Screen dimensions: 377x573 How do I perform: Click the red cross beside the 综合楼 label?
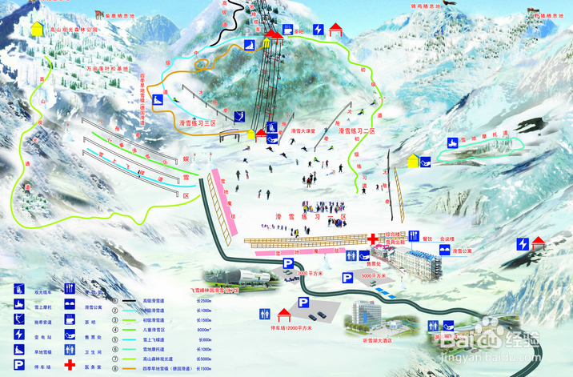point(373,239)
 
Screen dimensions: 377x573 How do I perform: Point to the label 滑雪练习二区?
point(356,130)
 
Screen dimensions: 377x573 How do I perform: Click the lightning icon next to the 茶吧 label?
point(318,30)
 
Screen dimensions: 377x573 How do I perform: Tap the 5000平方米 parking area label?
point(375,276)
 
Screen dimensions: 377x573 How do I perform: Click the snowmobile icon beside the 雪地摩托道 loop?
point(453,144)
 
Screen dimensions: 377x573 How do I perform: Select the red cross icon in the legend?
point(70,365)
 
